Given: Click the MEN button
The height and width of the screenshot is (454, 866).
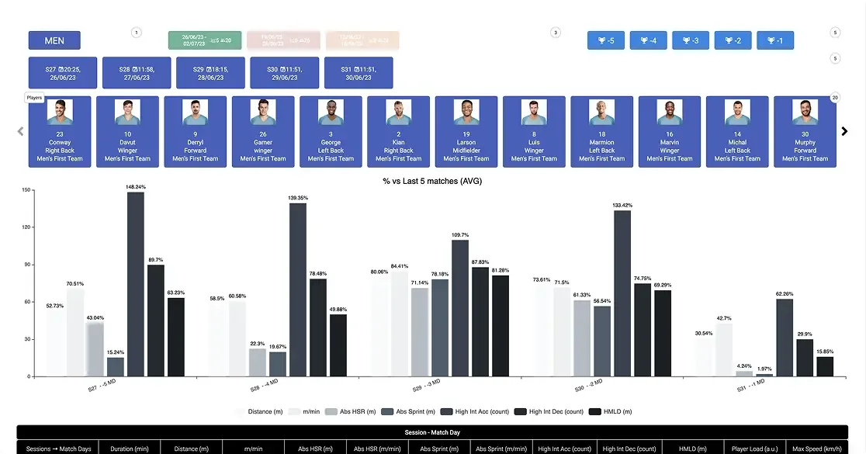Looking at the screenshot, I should (54, 40).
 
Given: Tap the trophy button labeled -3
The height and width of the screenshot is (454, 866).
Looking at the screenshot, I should (691, 40).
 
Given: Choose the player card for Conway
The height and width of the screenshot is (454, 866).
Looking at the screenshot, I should (60, 131).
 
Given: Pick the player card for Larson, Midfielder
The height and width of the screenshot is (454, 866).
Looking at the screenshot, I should (466, 131).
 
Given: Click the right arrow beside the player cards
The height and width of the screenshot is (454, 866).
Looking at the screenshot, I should (845, 131).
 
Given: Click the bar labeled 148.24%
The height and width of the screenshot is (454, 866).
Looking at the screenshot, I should (136, 284).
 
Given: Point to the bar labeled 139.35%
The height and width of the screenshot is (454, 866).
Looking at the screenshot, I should (298, 289).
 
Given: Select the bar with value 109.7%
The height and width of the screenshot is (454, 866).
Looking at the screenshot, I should (460, 308).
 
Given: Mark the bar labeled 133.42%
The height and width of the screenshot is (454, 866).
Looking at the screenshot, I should (622, 293).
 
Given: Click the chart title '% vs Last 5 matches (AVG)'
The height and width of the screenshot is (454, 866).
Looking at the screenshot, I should (433, 181).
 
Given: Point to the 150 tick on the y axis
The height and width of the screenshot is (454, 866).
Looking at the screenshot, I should (26, 189).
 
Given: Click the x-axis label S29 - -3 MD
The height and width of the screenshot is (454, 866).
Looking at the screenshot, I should (425, 385).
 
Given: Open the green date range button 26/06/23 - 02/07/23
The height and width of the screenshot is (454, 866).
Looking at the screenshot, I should (205, 40).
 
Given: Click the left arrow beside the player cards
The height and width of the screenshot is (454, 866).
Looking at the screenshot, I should (20, 131).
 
